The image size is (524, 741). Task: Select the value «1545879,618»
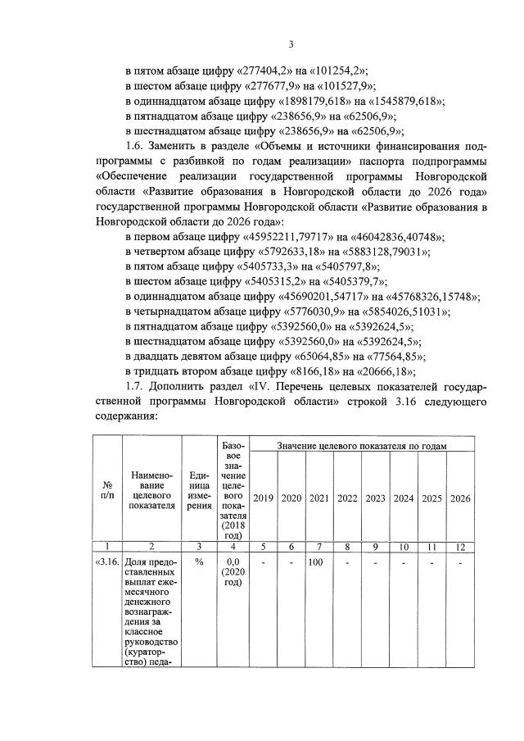[x=400, y=102]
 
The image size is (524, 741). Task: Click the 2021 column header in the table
[x=319, y=498]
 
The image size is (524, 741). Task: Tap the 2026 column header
[x=460, y=498]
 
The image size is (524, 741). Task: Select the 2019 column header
[x=263, y=498]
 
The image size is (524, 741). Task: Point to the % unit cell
[x=199, y=563]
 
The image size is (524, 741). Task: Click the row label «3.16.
[x=106, y=563]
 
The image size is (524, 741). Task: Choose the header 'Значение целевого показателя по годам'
[x=361, y=444]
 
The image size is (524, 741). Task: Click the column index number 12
[x=460, y=546]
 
